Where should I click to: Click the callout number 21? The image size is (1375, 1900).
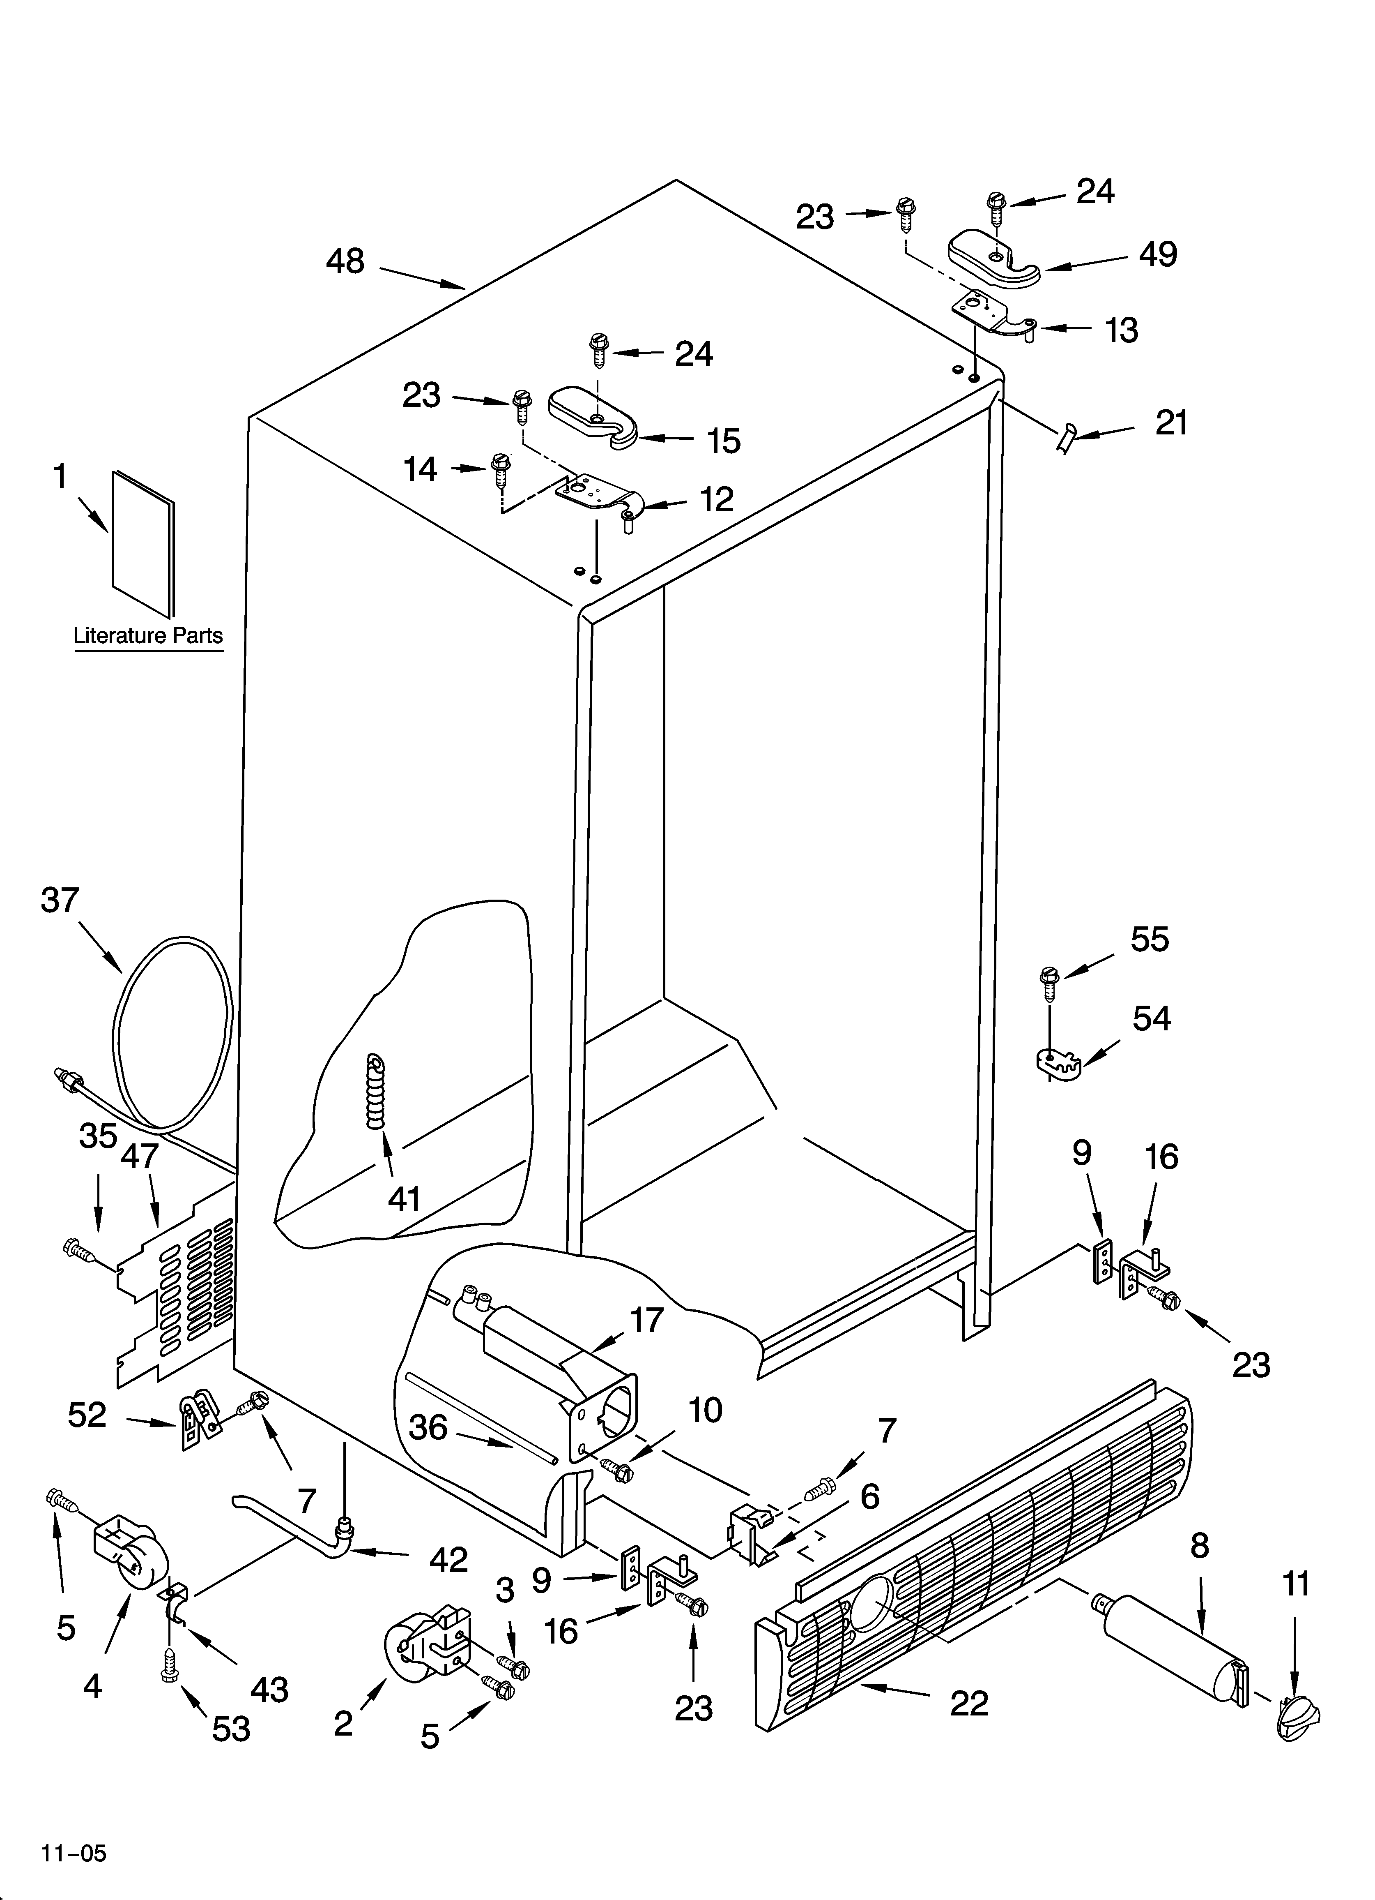tap(1172, 423)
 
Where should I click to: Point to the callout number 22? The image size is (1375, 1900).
tap(969, 1703)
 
